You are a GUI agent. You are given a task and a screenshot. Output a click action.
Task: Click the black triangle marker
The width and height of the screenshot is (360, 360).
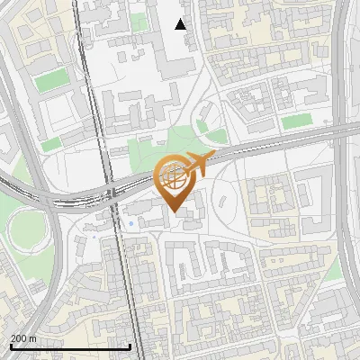pos(181,24)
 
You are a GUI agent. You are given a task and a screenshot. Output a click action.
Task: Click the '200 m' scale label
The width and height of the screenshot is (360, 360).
pos(24,337)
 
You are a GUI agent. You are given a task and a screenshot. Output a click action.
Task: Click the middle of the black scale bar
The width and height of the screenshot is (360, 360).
pos(70,346)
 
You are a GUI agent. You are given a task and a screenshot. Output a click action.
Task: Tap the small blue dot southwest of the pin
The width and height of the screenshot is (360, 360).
pos(131,222)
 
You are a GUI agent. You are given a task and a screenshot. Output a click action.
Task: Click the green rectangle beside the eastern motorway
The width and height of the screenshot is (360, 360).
pos(296,121)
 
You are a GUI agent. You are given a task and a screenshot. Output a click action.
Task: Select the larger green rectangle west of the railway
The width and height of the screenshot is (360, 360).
pos(52,80)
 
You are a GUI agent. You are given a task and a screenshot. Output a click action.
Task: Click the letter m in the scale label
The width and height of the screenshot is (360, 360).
pos(33,337)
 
